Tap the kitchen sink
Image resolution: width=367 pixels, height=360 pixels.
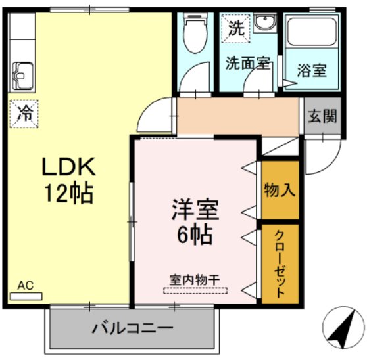click(23, 76)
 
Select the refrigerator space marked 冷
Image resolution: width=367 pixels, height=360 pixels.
click(24, 114)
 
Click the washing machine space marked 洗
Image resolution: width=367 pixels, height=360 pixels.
click(236, 29)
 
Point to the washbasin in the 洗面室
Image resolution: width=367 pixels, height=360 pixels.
click(264, 23)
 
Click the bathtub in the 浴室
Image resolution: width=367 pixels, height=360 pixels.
click(312, 32)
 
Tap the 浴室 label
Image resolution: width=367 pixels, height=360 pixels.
click(312, 70)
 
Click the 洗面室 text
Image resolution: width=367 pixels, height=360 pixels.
click(248, 63)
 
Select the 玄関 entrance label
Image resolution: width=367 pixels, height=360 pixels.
click(322, 116)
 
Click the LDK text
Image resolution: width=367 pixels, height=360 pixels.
click(68, 166)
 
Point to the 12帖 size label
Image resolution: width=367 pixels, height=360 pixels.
click(69, 193)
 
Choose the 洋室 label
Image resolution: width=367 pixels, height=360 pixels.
click(195, 210)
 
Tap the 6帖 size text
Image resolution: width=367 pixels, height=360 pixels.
click(195, 235)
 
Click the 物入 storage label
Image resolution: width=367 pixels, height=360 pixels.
click(280, 190)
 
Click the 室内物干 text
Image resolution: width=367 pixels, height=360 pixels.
click(195, 280)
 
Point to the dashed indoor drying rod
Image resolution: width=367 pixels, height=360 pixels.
click(195, 290)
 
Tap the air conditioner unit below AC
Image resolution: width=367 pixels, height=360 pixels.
click(26, 296)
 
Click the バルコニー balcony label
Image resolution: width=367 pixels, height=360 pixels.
click(132, 328)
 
